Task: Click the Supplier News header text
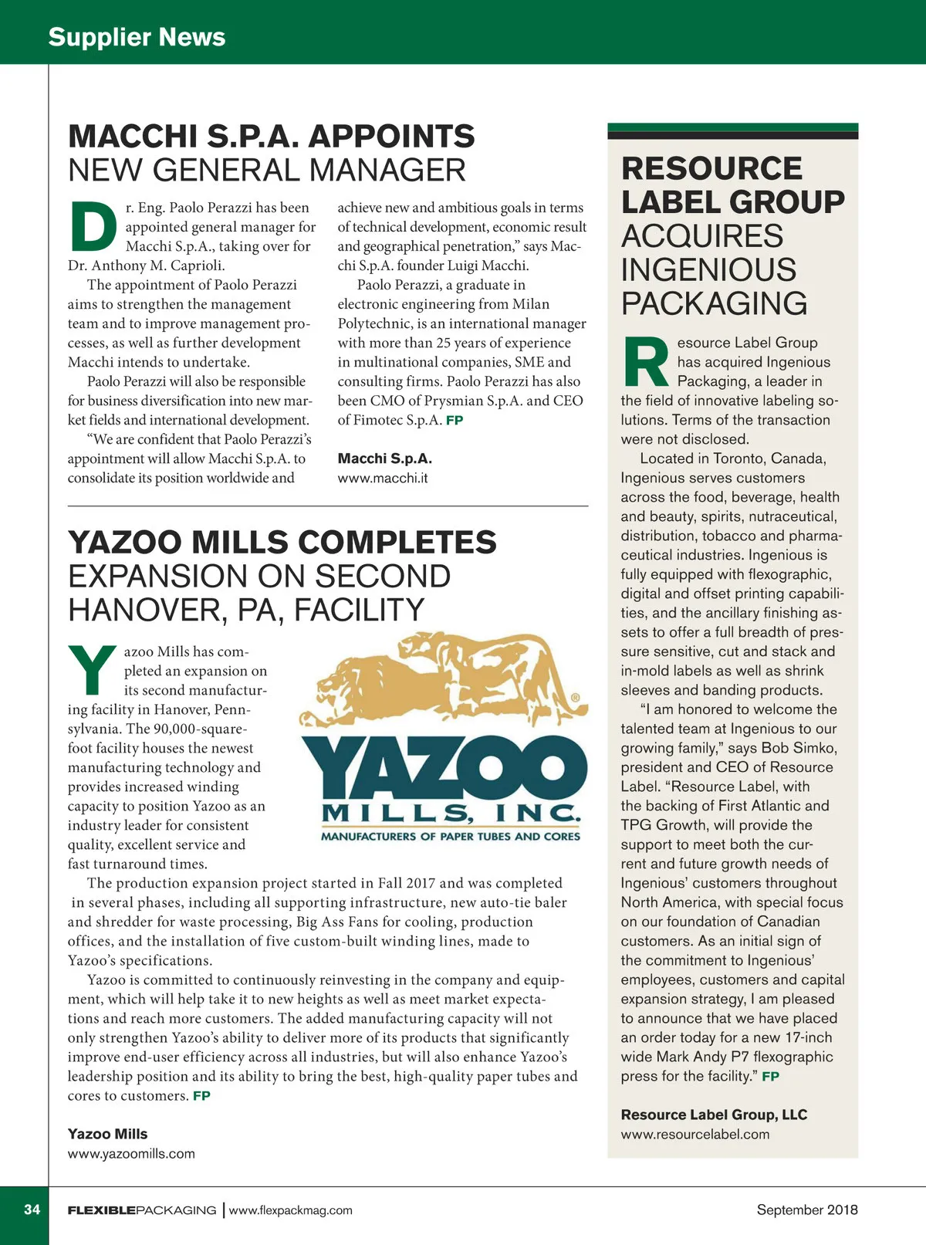point(137,37)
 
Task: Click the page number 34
point(32,1209)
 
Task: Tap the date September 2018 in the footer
point(806,1209)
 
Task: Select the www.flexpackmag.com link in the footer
point(291,1210)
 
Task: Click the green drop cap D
point(93,227)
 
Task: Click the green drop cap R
point(645,362)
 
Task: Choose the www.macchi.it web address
point(383,478)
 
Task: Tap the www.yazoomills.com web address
point(131,1154)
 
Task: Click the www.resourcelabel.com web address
point(694,1135)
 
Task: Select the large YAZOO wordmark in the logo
point(444,768)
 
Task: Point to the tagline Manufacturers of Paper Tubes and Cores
point(450,837)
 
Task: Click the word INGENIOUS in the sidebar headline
point(708,270)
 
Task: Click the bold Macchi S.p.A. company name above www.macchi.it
point(384,458)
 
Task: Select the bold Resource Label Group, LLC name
point(714,1115)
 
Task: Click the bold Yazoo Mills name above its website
point(107,1134)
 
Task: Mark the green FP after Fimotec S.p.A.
point(455,421)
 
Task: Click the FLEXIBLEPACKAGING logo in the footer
point(142,1210)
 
